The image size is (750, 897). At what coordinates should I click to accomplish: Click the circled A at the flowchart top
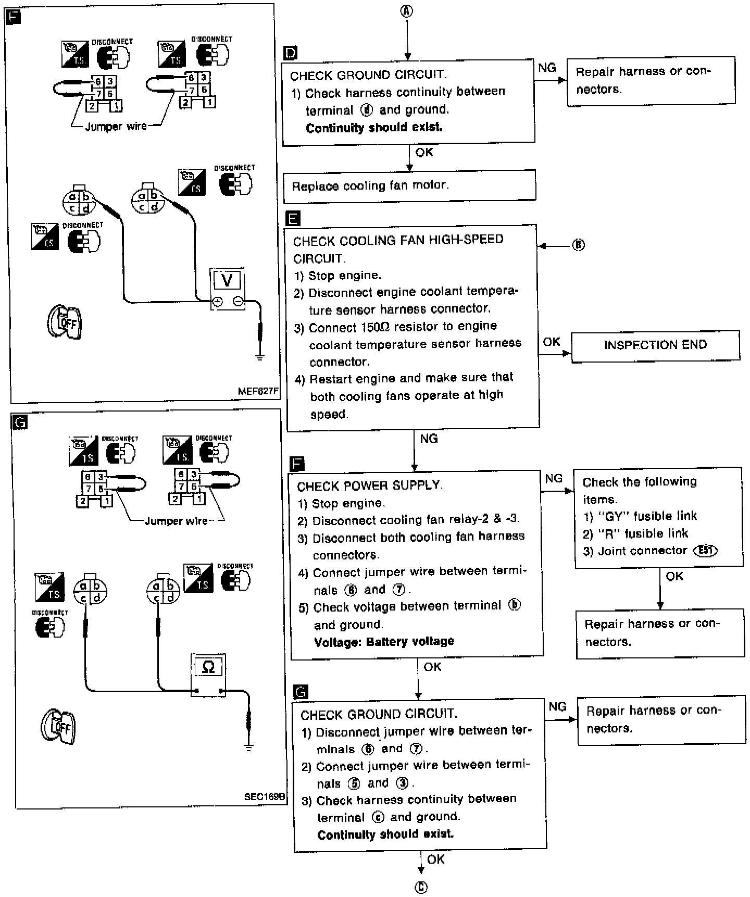[x=407, y=12]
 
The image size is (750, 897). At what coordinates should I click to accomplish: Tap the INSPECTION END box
[x=655, y=345]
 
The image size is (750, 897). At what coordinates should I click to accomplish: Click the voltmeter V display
[x=227, y=280]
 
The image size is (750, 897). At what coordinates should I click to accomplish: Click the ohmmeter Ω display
[x=208, y=667]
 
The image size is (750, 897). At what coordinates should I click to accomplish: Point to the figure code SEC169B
[x=264, y=796]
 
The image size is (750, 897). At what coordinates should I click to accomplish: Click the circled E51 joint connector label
[x=705, y=551]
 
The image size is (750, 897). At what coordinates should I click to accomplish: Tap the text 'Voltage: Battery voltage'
[x=384, y=641]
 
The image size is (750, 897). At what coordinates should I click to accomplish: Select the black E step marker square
[x=294, y=218]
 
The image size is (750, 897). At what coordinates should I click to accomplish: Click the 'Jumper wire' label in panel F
[x=116, y=127]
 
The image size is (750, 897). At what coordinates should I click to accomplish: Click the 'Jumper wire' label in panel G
[x=176, y=521]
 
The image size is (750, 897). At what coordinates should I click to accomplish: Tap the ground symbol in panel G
[x=249, y=748]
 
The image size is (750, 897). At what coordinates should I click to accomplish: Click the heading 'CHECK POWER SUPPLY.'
[x=369, y=485]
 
